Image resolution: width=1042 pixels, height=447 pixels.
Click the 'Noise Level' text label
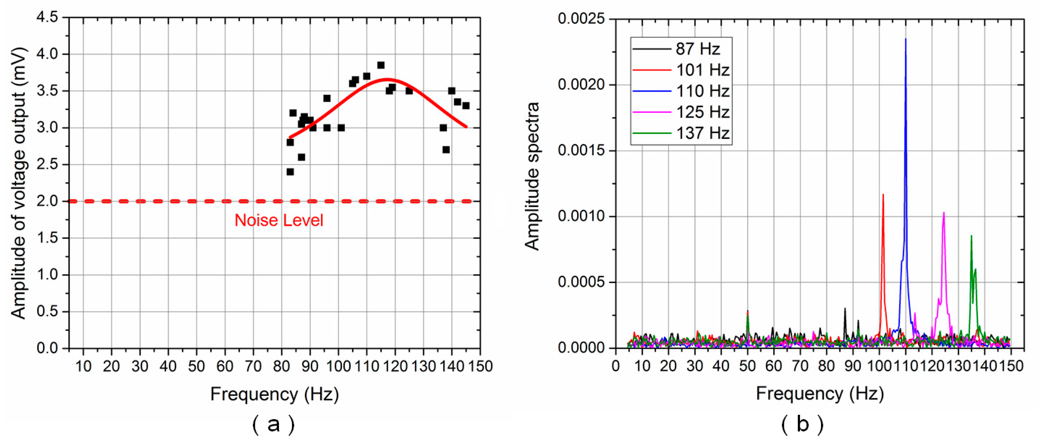279,220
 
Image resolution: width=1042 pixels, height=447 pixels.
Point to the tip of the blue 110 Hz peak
906,39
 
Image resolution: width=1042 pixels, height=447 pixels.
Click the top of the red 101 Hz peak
883,195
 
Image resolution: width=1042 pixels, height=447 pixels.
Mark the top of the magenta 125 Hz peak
944,213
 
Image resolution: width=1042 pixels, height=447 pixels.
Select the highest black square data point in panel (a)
381,65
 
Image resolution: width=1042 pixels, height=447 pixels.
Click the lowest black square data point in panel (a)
290,172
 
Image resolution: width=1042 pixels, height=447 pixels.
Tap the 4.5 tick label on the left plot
47,17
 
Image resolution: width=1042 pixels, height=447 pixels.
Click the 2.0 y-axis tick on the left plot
47,201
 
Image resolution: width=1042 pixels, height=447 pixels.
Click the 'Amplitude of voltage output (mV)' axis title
18,183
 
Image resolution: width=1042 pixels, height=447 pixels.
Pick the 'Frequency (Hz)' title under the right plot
819,393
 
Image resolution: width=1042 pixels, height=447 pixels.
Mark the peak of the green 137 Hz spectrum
971,236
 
